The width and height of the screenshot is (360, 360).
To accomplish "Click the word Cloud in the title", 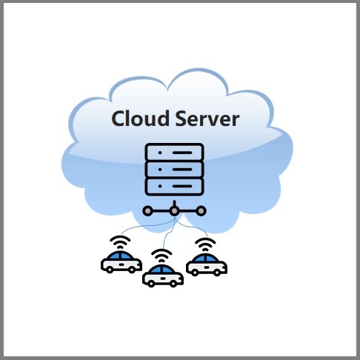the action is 140,119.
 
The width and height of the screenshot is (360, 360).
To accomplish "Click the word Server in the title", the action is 207,119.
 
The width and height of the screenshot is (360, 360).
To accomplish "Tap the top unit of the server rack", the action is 174,153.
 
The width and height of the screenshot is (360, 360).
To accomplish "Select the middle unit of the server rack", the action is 174,170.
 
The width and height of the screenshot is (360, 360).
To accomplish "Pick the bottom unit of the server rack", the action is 174,187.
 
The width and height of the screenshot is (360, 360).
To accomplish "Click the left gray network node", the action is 147,211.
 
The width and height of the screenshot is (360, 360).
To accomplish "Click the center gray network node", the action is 174,211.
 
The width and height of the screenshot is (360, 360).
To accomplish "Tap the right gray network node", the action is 201,211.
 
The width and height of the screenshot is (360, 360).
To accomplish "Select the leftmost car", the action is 121,262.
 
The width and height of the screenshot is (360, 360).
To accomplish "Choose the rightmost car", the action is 207,265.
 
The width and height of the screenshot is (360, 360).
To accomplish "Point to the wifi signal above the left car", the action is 120,242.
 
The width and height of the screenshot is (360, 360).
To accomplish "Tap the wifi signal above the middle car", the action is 161,256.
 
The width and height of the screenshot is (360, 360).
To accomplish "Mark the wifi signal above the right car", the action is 205,244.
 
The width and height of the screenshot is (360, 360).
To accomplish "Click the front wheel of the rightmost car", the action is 217,273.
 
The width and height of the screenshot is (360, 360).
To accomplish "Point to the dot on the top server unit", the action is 160,153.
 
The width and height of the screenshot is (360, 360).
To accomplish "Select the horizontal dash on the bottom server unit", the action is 182,187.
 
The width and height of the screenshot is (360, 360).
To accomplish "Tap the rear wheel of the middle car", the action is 151,284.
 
